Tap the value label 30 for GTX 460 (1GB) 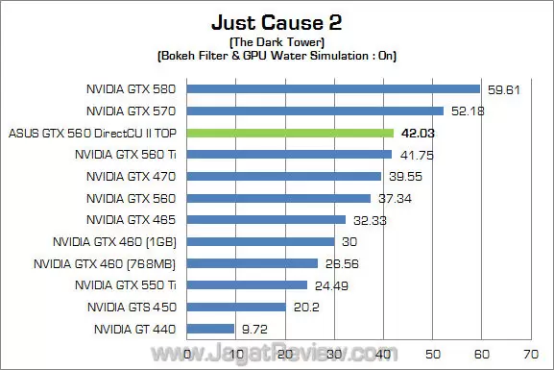349,241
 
